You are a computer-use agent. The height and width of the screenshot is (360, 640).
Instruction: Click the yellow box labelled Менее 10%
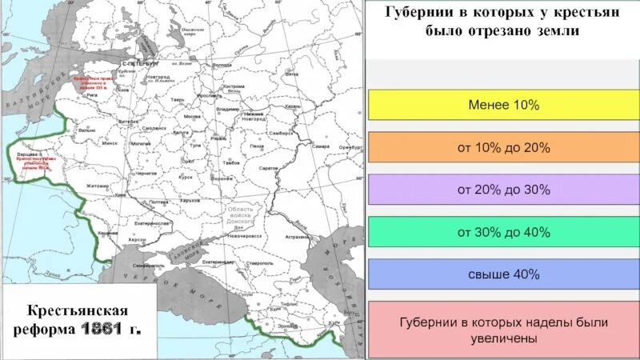(x=503, y=105)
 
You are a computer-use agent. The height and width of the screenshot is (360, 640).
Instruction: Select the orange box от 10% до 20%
(x=503, y=147)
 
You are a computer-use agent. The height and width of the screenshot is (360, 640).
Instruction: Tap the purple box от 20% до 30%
(x=503, y=190)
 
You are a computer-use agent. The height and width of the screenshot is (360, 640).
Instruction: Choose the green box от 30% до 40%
(x=503, y=232)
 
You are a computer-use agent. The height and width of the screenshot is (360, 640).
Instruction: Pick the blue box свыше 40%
(x=503, y=274)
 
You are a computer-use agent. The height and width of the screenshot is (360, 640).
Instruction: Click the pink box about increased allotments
(x=503, y=330)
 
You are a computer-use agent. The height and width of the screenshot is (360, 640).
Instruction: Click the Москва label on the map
(x=192, y=117)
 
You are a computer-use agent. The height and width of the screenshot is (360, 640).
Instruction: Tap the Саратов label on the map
(x=269, y=168)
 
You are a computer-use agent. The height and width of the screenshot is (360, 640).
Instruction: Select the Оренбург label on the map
(x=350, y=147)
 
